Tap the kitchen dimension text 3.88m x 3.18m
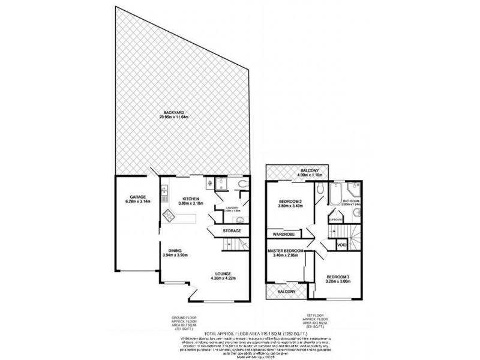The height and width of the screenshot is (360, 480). point(192,203)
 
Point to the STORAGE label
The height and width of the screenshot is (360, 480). point(232,230)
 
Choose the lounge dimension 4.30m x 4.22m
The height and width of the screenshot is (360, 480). point(220,278)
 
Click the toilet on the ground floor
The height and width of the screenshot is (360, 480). point(241,184)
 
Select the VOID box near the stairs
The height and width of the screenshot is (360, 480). point(341,245)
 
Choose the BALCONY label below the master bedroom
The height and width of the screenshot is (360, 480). point(286,292)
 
